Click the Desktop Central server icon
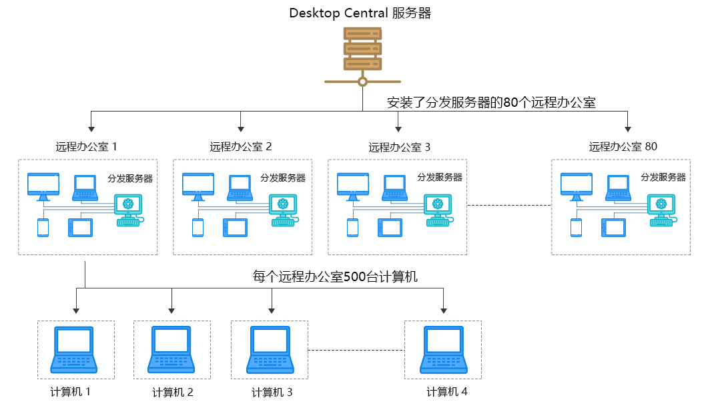[x=362, y=49]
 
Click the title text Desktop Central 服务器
[x=360, y=13]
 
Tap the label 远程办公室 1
[x=87, y=147]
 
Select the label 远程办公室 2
[x=241, y=147]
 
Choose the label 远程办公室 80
[x=623, y=147]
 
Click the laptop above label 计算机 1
[x=74, y=349]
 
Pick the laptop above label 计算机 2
[x=172, y=349]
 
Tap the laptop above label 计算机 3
[x=270, y=349]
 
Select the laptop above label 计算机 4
[x=443, y=349]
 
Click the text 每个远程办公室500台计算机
[x=335, y=276]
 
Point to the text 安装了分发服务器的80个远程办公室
[x=491, y=103]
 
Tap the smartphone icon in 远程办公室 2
[x=198, y=228]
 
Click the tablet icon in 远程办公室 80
[x=613, y=228]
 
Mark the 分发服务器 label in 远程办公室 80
[x=663, y=178]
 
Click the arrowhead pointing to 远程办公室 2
[x=241, y=127]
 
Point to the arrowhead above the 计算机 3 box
[x=272, y=310]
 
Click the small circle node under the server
[x=362, y=82]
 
